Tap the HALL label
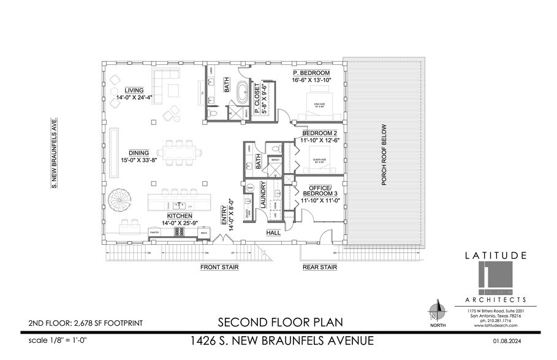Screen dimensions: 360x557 pyautogui.click(x=274, y=233)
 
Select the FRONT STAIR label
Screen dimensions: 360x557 pyautogui.click(x=219, y=268)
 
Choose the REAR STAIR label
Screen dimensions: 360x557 pyautogui.click(x=320, y=268)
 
